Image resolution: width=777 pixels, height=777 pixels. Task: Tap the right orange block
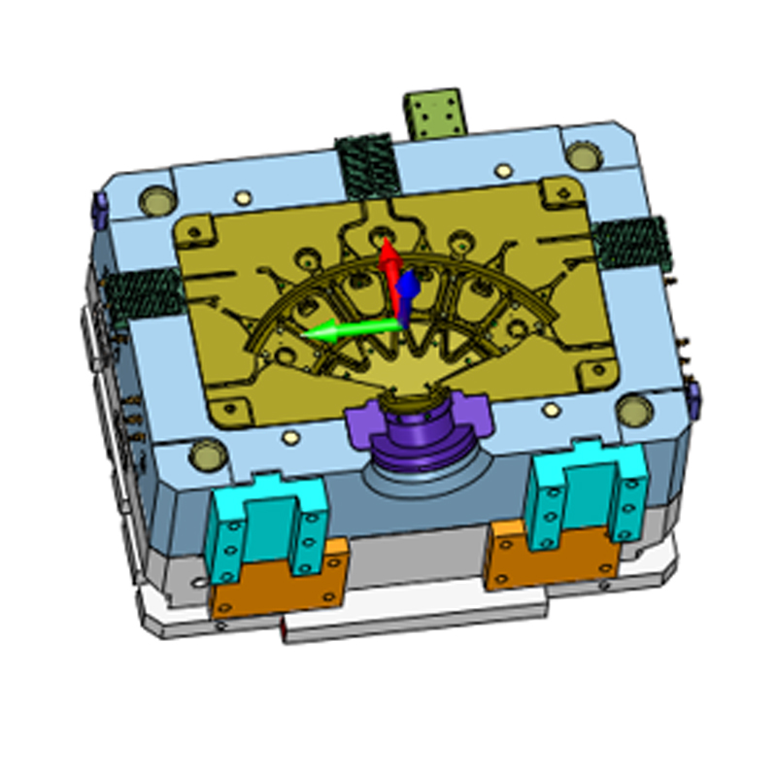(555, 554)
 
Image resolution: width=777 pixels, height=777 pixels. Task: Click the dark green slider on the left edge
(144, 290)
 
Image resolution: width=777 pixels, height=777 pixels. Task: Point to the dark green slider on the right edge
(631, 243)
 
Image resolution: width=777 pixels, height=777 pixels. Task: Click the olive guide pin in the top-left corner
(155, 201)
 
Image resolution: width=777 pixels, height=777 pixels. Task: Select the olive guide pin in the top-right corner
(582, 155)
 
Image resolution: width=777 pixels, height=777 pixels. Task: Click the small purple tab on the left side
(97, 206)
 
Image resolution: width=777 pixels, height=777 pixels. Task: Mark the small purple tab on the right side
(693, 394)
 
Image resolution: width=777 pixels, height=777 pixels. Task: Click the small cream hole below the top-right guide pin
(502, 171)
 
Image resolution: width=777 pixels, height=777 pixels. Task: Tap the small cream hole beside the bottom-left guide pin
(288, 438)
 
